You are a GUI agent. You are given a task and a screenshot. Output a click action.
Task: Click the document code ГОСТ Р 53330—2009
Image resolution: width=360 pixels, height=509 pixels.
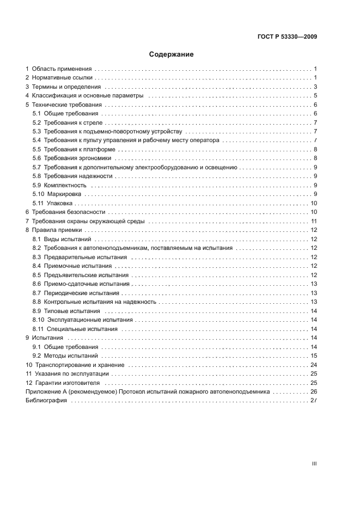[x=286, y=37]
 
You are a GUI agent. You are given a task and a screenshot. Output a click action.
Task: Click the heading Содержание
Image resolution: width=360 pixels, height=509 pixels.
[x=172, y=54]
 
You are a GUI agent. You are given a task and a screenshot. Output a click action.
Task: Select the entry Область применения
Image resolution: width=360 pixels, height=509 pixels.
[x=62, y=69]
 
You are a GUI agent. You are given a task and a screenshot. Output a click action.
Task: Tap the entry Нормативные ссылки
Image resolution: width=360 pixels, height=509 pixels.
[x=62, y=78]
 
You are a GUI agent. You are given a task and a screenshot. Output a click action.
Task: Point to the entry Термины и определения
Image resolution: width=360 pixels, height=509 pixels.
[x=66, y=87]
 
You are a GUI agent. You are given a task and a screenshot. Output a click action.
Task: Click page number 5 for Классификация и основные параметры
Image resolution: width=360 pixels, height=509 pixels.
[x=315, y=96]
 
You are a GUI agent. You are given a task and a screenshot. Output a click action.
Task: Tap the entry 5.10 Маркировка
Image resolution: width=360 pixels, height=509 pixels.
[x=57, y=194]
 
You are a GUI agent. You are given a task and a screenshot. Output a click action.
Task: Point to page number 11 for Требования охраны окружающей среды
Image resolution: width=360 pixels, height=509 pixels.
[x=314, y=221]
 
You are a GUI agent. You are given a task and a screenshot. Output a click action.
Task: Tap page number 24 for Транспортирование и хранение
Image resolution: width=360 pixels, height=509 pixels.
[x=313, y=365]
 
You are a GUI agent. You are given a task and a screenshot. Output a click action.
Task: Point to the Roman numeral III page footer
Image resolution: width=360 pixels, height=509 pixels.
[x=314, y=464]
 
